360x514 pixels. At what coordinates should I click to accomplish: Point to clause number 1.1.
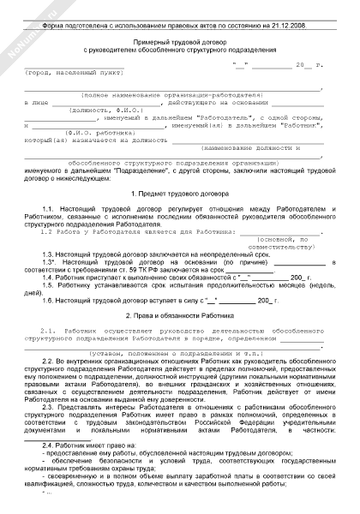[x=48, y=209]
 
